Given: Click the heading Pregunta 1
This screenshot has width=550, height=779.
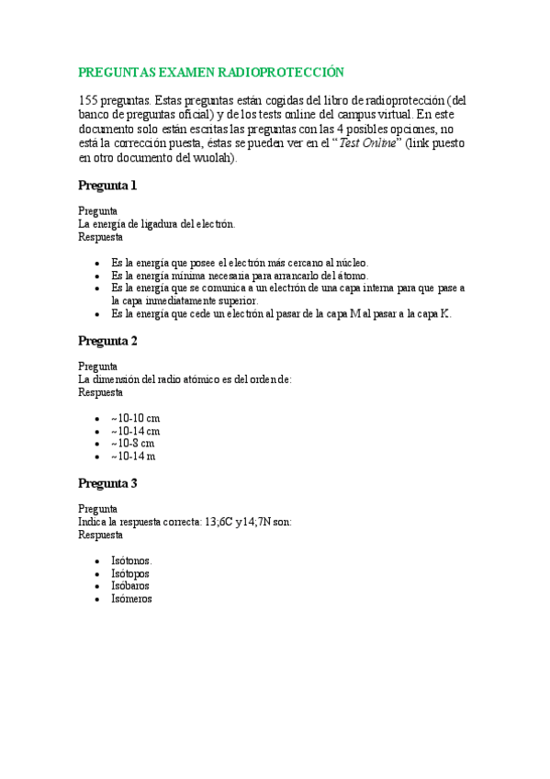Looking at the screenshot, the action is (107, 186).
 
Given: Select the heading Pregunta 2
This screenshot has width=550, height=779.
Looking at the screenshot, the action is (107, 341).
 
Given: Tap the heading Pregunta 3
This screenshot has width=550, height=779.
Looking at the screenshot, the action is (107, 483).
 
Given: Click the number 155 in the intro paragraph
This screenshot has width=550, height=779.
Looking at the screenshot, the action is (89, 100).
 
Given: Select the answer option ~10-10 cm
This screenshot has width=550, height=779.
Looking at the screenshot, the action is (135, 418).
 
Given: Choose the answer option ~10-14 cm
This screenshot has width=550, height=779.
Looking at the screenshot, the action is (135, 431).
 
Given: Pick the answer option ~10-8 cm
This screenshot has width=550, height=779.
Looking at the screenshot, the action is (132, 443).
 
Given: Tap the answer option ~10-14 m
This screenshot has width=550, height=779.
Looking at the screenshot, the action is (133, 456).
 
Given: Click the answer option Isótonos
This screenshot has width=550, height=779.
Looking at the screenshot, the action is (131, 560).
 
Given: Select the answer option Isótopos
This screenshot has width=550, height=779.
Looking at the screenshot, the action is (130, 573).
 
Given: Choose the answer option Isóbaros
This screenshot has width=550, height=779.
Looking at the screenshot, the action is (130, 585).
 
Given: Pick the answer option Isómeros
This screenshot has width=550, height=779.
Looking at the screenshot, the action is (131, 598).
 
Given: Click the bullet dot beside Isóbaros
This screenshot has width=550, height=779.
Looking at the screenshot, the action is (97, 586).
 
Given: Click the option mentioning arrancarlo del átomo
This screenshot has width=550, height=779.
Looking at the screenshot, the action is (239, 275).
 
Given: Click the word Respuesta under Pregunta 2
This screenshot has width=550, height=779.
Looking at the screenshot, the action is (100, 391).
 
